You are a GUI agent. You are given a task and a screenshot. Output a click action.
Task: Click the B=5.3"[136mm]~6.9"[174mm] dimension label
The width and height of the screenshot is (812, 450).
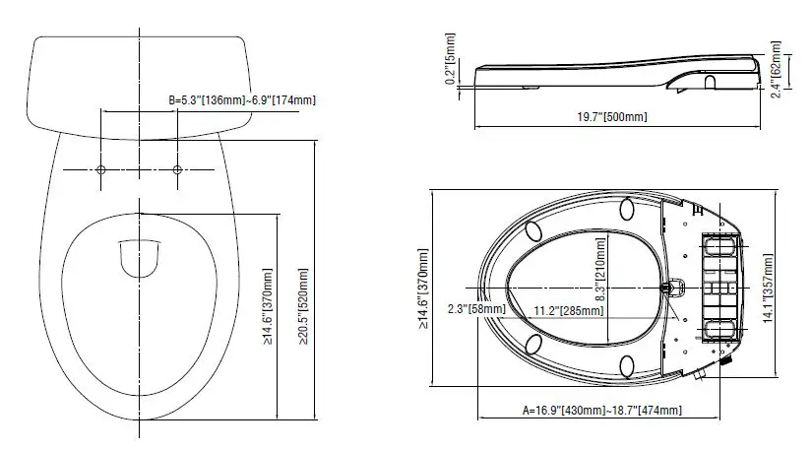click(242, 99)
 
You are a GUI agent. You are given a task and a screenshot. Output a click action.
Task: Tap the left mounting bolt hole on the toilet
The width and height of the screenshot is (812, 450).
click(101, 169)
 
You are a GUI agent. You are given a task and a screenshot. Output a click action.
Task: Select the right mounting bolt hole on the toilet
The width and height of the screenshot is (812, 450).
click(177, 169)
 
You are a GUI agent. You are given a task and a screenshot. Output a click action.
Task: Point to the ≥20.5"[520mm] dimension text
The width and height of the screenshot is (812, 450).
click(303, 306)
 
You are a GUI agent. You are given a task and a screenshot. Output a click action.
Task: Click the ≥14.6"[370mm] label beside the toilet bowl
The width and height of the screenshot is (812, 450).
click(267, 306)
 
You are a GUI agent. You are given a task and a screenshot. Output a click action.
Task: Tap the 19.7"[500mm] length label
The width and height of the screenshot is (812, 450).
click(612, 117)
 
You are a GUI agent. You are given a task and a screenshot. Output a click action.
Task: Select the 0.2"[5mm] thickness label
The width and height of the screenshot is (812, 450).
click(451, 58)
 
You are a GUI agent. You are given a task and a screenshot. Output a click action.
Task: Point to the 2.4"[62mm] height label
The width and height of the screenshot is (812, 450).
click(776, 70)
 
